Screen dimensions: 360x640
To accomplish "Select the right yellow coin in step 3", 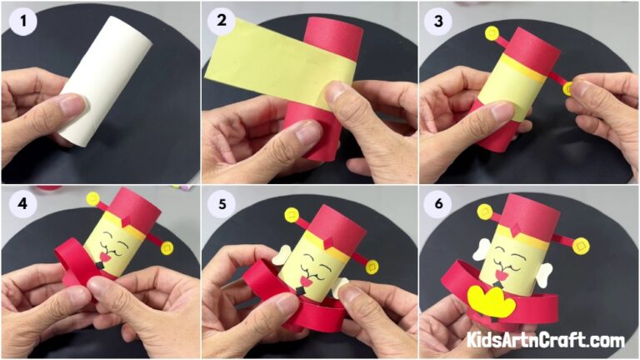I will coord(568,87).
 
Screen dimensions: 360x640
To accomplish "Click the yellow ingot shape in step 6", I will coord(491,300).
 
